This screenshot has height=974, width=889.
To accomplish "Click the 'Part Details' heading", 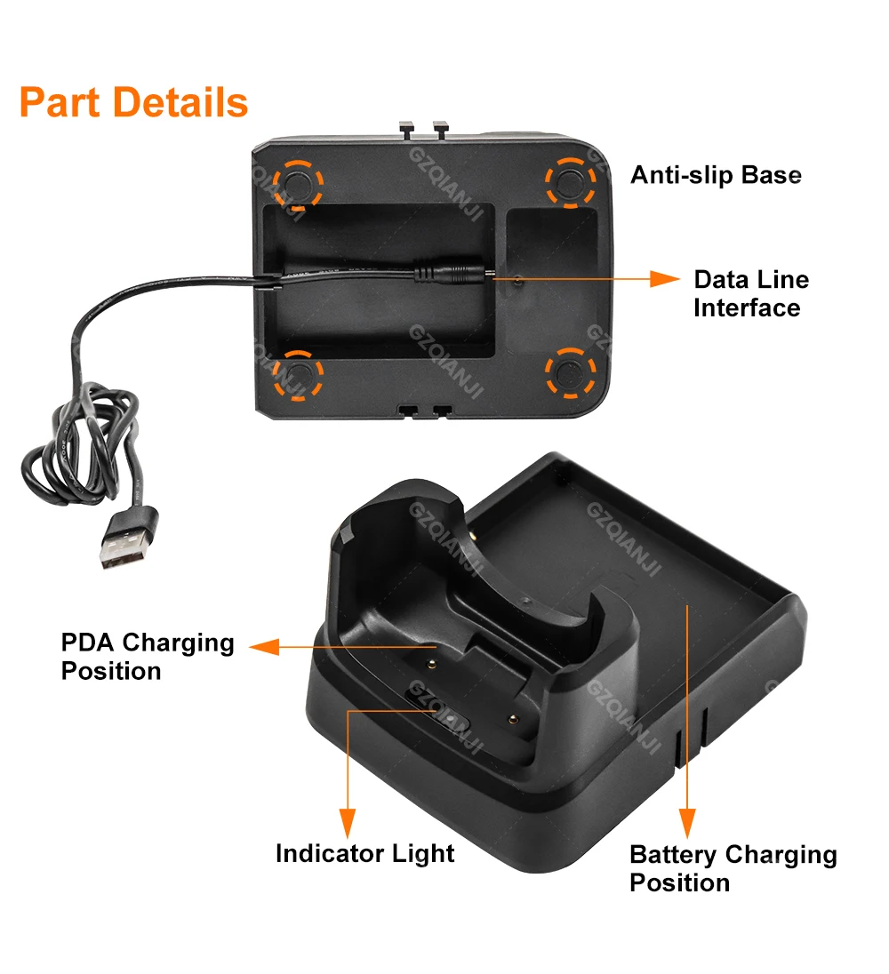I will tap(133, 102).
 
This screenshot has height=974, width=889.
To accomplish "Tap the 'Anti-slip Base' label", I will tap(716, 175).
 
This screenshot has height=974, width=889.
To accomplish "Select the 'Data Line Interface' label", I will tap(751, 294).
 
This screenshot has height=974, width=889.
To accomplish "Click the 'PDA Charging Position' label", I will tap(148, 657).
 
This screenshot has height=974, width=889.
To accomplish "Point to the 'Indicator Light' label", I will tap(364, 854).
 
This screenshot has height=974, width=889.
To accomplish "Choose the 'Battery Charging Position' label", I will tap(733, 868).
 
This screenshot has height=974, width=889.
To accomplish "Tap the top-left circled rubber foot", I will tap(298, 183).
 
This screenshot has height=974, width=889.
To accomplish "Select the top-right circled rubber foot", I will tap(570, 181).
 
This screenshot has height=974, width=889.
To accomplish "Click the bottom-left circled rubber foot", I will tap(298, 373).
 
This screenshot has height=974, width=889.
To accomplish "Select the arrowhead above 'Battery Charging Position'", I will tap(687, 820).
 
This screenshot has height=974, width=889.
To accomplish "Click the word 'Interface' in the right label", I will tap(747, 308).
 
